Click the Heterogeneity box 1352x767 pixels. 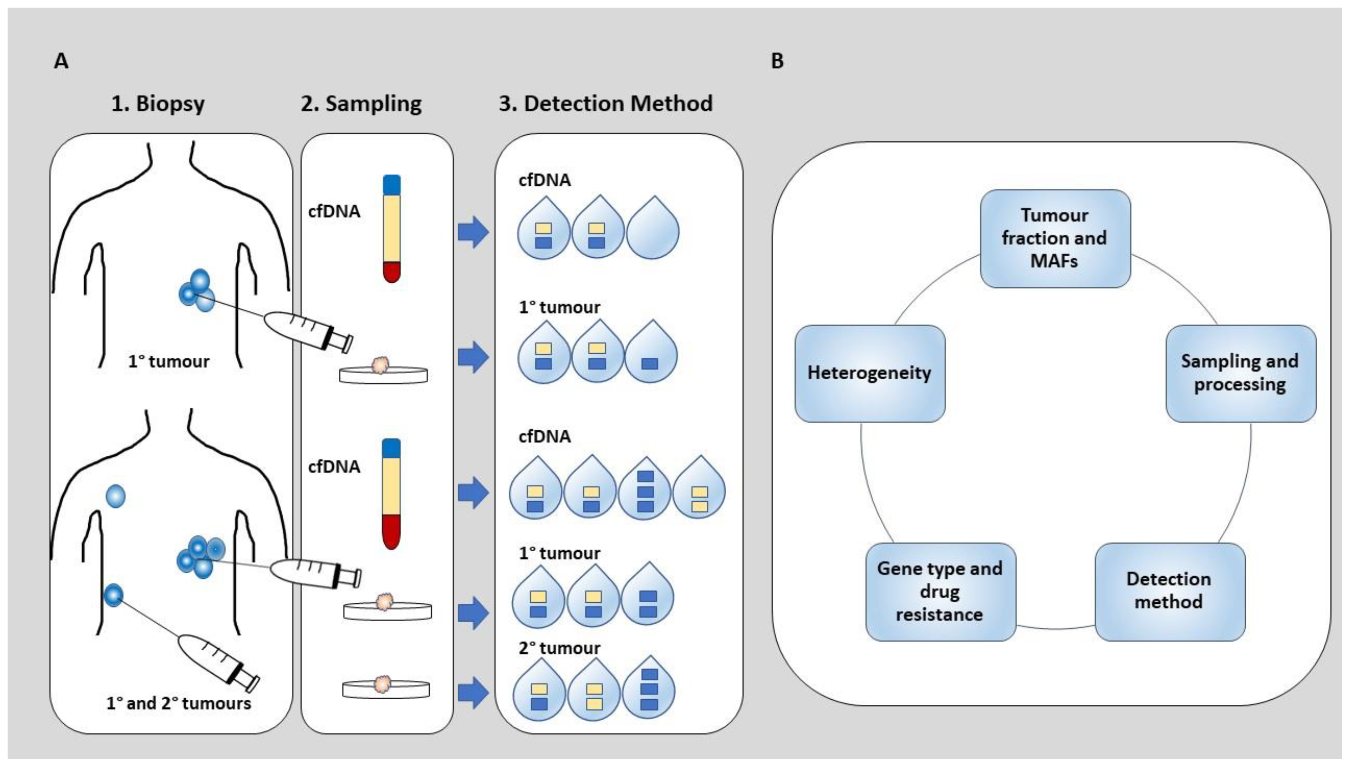(x=870, y=373)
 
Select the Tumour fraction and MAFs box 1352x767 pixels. (x=1055, y=238)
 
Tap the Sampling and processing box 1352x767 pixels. (x=1240, y=373)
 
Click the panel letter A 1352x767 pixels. (x=61, y=61)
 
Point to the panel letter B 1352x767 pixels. (x=777, y=61)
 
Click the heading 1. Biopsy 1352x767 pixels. (x=158, y=103)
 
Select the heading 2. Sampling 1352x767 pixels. (x=361, y=103)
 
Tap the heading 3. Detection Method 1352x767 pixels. (x=606, y=103)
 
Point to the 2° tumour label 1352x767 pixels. (x=559, y=648)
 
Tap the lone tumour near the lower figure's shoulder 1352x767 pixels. (x=115, y=496)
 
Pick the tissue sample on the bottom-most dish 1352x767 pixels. (x=383, y=684)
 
